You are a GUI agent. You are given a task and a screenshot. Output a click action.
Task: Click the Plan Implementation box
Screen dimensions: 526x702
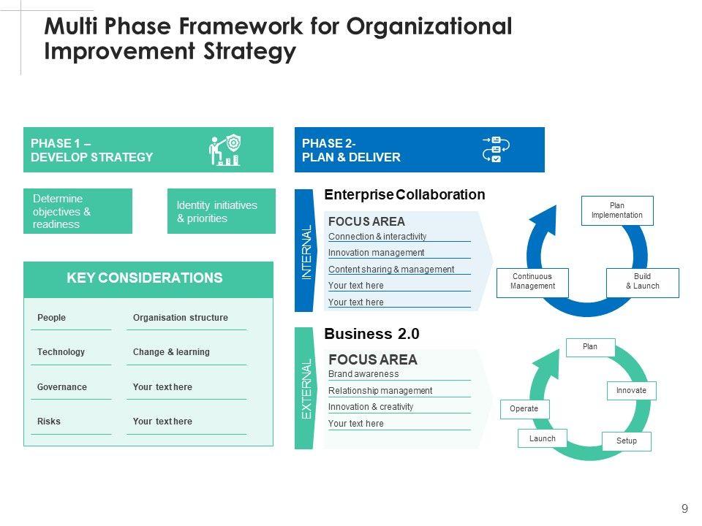coord(616,210)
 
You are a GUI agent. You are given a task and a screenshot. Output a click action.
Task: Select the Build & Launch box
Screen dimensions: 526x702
coord(642,282)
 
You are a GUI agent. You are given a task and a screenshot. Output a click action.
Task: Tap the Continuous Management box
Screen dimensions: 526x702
coord(532,282)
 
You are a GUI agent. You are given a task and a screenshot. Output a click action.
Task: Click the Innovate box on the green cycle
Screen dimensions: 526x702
coord(631,391)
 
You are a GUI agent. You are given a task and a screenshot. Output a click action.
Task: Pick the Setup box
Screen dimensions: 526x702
coord(626,441)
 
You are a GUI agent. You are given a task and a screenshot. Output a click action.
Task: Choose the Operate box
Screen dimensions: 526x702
coord(524,409)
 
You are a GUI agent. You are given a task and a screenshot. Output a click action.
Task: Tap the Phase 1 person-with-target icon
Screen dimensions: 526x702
coord(225,150)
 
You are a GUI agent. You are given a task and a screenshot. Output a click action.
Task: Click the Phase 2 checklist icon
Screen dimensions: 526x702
coord(495,149)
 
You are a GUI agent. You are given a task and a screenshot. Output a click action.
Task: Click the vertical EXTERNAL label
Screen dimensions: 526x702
coord(307,388)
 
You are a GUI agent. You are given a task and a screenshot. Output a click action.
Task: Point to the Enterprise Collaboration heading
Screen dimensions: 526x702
coord(404,195)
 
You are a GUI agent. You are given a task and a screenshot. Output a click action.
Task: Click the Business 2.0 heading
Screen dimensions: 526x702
coord(371,335)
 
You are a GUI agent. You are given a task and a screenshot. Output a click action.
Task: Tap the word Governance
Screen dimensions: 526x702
coord(61,387)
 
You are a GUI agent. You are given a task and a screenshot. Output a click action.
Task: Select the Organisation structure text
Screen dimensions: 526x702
coord(180,318)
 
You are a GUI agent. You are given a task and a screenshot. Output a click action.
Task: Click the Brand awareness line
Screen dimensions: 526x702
coord(363,374)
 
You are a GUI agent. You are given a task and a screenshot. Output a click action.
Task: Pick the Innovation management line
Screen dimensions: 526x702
coord(376,253)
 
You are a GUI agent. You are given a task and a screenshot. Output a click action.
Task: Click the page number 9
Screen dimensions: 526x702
coord(684,508)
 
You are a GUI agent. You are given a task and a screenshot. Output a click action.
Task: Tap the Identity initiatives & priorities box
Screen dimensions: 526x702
coord(220,212)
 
